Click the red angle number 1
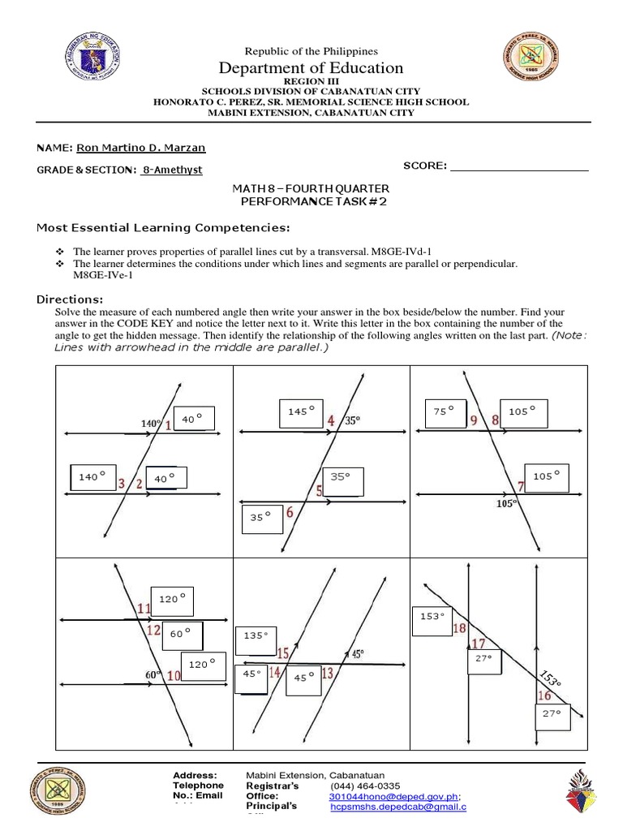pos(168,424)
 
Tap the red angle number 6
pos(290,513)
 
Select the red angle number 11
pos(144,609)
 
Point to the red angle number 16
pos(544,695)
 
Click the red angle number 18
pos(459,628)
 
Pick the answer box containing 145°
pos(299,412)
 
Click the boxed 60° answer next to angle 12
pos(182,633)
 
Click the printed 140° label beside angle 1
pos(151,423)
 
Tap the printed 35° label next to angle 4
pos(350,421)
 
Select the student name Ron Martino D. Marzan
pos(140,147)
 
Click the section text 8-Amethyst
pos(172,170)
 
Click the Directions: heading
pos(70,299)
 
